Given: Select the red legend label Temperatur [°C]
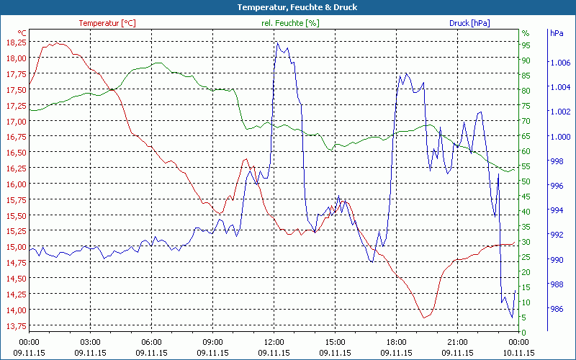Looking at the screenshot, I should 107,23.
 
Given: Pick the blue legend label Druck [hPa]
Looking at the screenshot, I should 469,23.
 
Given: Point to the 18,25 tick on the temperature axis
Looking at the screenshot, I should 16,42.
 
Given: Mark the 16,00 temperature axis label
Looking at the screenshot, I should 16,184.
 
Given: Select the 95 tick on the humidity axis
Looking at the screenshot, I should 526,45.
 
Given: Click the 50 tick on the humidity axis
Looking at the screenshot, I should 526,181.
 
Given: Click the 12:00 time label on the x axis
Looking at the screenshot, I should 274,341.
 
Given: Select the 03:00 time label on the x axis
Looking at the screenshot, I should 90,341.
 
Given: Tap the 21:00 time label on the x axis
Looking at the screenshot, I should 458,341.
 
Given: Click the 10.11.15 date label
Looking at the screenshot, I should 519,353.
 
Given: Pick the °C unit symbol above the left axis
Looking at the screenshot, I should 22,33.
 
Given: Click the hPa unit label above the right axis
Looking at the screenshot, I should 557,33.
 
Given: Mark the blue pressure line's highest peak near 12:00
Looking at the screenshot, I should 277,42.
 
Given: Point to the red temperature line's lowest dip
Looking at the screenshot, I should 424,317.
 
